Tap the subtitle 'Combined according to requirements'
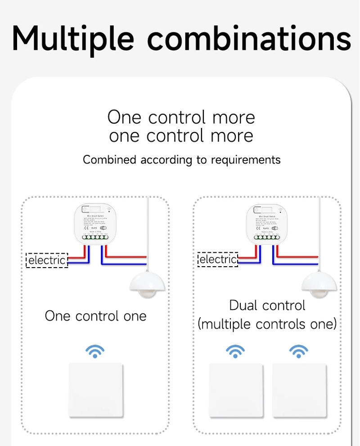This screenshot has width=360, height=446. click(181, 160)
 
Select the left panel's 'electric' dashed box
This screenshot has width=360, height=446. click(47, 260)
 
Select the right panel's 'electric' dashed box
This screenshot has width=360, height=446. click(218, 259)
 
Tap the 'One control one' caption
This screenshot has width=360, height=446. click(95, 316)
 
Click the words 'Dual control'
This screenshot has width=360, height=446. click(267, 305)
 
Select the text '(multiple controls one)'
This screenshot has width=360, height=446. click(267, 324)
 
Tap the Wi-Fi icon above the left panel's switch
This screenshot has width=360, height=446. click(95, 351)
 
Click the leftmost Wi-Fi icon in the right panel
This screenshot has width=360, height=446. click(235, 351)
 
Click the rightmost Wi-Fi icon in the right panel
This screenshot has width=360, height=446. click(299, 351)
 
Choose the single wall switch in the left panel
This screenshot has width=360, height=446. click(95, 390)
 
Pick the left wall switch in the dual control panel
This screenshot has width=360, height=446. click(236, 390)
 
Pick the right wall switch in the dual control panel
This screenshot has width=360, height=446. click(299, 390)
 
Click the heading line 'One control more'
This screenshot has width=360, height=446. click(181, 117)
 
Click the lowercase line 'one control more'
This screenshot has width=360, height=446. click(181, 136)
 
